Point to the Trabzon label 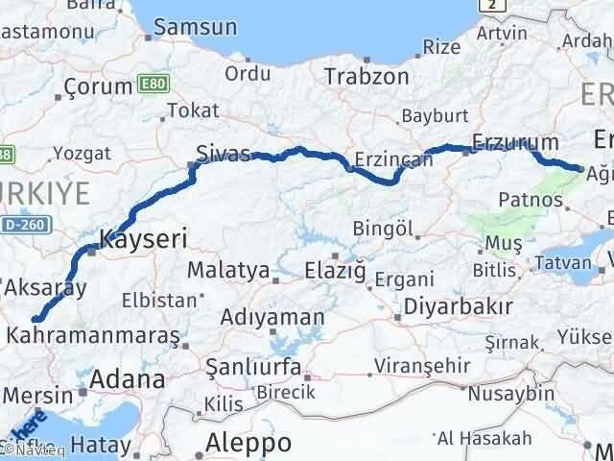(x=366, y=76)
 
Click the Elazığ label (x=334, y=270)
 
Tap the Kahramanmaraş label (x=93, y=335)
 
